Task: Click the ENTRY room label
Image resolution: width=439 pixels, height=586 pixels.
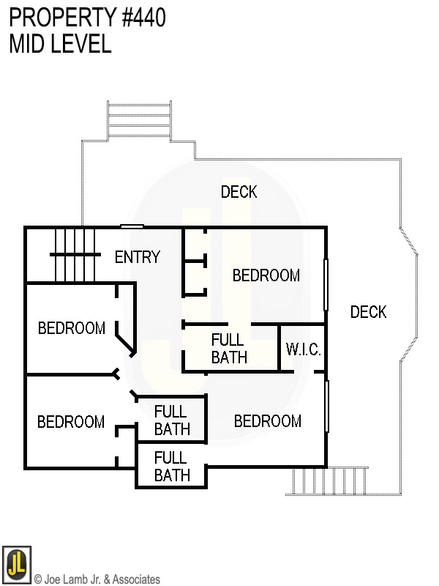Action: (x=138, y=257)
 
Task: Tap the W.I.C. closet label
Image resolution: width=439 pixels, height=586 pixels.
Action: (x=303, y=349)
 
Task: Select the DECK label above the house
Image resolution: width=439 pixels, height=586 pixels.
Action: (x=239, y=192)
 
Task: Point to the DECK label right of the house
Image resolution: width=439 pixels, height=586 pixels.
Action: (x=368, y=312)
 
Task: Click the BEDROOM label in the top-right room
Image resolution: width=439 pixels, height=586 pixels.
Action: (x=266, y=275)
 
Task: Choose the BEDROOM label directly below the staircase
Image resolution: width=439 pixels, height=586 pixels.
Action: (x=72, y=328)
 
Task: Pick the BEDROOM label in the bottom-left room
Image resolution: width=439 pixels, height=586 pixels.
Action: (x=71, y=422)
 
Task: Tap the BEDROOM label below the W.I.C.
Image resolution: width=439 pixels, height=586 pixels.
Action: (x=268, y=421)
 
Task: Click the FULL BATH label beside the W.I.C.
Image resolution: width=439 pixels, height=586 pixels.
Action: (x=229, y=349)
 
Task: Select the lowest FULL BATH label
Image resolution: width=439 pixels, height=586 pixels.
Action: (x=172, y=467)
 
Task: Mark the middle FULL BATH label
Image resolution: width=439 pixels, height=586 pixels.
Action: (x=172, y=420)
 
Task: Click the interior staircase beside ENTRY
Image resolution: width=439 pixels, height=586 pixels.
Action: (x=75, y=253)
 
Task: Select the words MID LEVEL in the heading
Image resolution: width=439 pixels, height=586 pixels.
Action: (x=60, y=44)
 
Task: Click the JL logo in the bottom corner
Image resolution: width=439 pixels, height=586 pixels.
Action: (x=16, y=565)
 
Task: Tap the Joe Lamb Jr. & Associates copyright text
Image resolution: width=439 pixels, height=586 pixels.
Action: (x=97, y=579)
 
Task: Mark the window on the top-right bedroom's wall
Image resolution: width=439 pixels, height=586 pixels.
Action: (x=326, y=285)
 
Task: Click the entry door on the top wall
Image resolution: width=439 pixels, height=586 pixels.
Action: (x=132, y=226)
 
